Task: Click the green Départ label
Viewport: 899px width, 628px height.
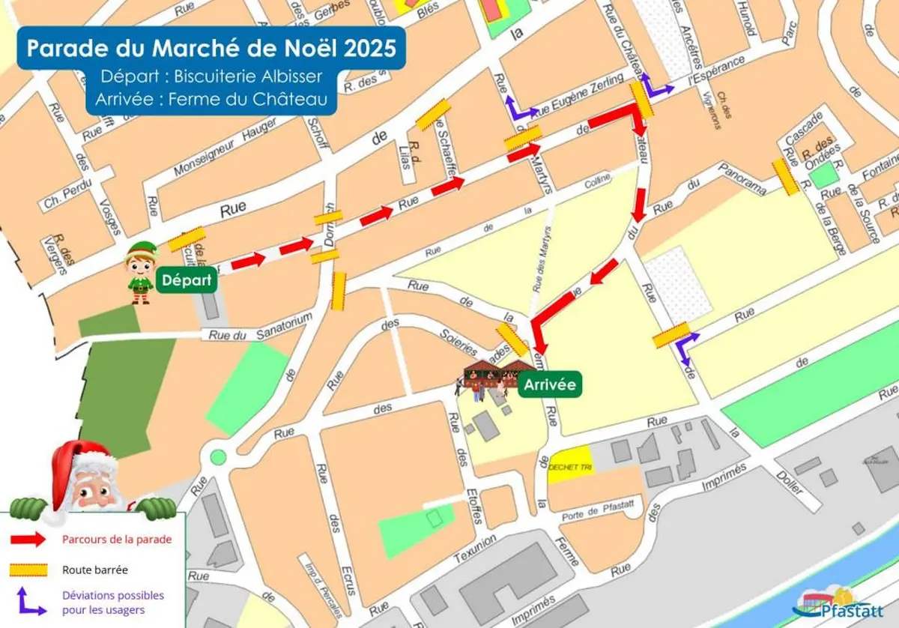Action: coord(186,282)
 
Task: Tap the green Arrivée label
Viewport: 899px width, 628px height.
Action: coord(549,385)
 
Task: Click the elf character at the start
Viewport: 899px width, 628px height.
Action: coord(139,272)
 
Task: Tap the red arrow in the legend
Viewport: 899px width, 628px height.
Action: coord(29,540)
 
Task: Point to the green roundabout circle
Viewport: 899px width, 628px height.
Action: coord(218,456)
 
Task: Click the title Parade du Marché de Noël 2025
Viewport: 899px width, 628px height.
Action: coord(212,48)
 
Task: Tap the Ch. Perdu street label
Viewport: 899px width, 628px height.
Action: coord(67,193)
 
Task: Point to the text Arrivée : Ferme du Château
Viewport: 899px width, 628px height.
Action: coord(211,98)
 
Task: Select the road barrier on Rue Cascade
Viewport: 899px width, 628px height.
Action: coord(786,177)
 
